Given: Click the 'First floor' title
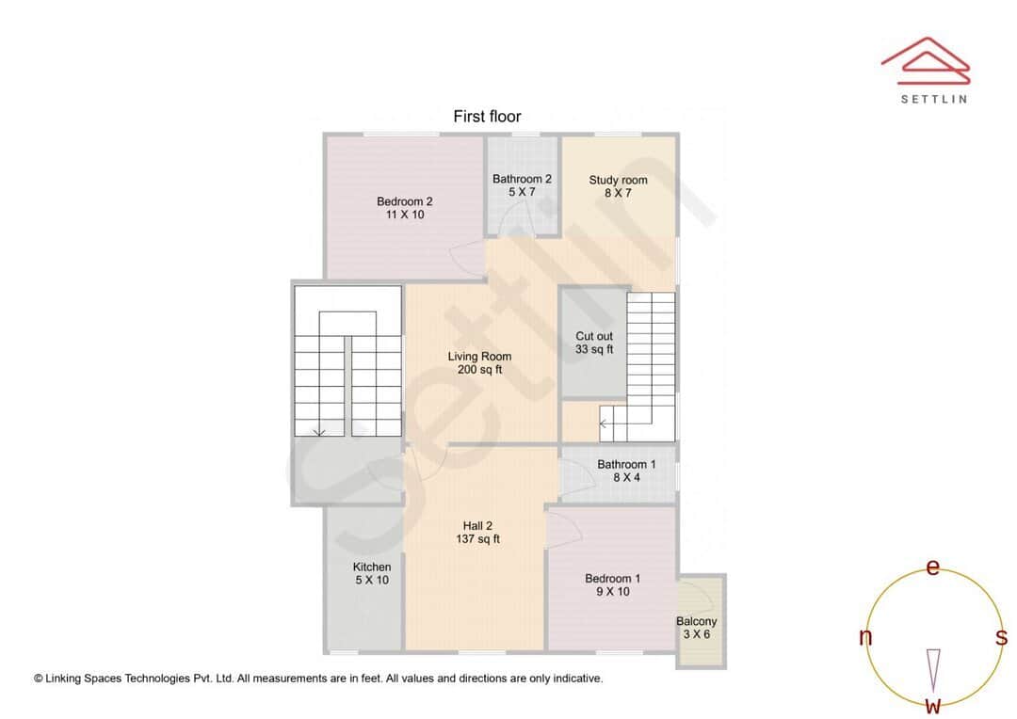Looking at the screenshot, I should (487, 117).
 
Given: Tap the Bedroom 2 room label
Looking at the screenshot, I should (405, 201).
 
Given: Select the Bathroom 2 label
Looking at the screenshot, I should (522, 179).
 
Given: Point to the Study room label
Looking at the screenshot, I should (619, 180).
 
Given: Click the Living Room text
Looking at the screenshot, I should (479, 356).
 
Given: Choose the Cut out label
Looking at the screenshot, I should (594, 336).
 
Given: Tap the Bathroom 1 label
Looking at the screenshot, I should (626, 464).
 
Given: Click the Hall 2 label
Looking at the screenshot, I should (477, 526).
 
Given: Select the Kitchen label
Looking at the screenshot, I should (372, 567).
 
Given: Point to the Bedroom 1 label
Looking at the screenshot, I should (612, 579).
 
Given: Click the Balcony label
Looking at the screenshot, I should (697, 621).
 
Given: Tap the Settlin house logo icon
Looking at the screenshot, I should (926, 58).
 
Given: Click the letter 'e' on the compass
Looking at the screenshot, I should (933, 567).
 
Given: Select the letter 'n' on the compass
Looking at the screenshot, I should (865, 638).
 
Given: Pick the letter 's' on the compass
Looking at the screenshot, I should (1001, 638).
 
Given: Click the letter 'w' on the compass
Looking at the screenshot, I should (933, 705).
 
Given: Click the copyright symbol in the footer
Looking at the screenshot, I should (39, 678).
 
